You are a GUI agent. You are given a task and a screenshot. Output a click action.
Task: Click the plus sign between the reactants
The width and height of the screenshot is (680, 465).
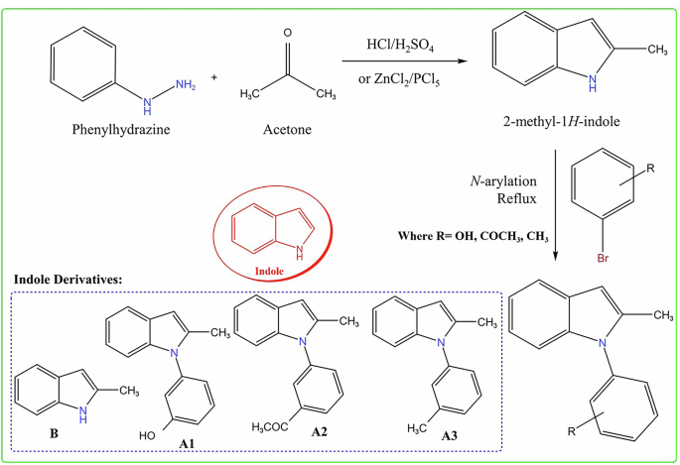(213, 77)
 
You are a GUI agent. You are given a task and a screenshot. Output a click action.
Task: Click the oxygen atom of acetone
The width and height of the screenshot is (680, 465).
(287, 34)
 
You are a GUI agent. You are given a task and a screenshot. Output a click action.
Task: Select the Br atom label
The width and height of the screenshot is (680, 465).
(602, 260)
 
